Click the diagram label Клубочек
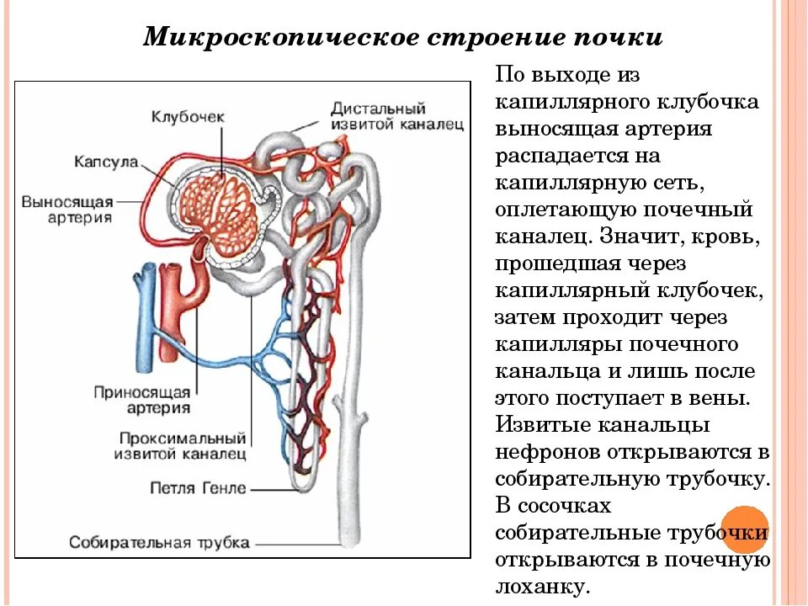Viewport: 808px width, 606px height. pyautogui.click(x=188, y=117)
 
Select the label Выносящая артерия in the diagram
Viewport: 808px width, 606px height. pyautogui.click(x=67, y=209)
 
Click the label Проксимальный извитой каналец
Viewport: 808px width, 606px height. pyautogui.click(x=182, y=447)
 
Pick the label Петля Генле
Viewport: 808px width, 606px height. pyautogui.click(x=199, y=488)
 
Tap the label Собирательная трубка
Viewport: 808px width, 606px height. pyautogui.click(x=159, y=542)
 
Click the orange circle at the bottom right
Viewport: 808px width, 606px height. pyautogui.click(x=746, y=529)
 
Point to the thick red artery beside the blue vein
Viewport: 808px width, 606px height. pyautogui.click(x=171, y=311)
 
